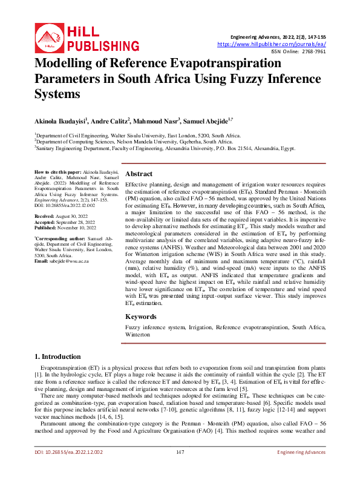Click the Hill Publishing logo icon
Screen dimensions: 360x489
click(x=50, y=37)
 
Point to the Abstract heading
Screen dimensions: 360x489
click(x=138, y=172)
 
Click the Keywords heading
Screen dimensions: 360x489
click(x=141, y=317)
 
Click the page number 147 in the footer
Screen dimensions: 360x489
click(x=180, y=469)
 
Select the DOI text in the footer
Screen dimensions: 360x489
click(x=68, y=469)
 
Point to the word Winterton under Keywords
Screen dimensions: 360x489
click(x=138, y=335)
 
